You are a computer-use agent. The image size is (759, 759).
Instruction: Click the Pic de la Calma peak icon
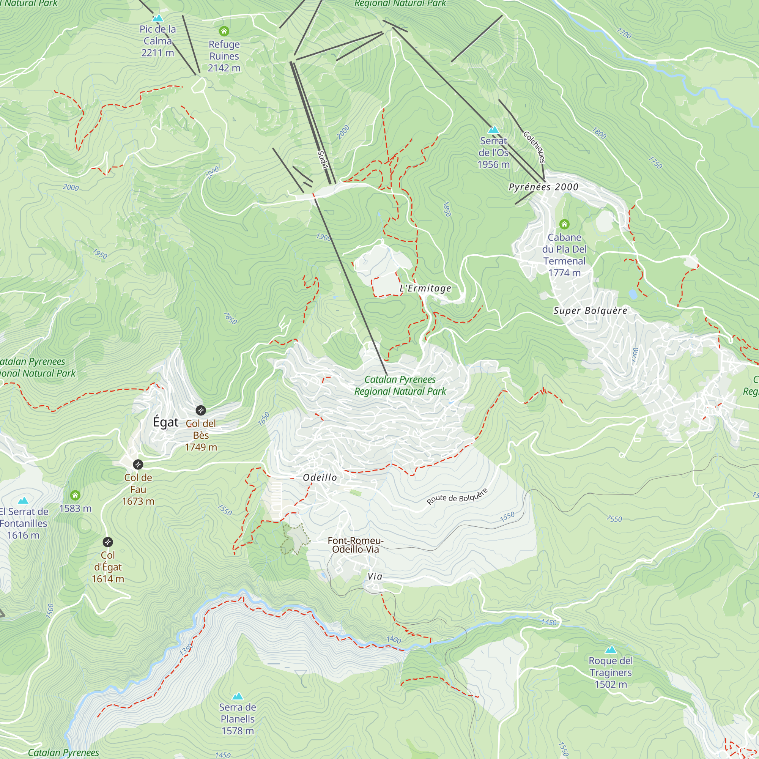click(157, 18)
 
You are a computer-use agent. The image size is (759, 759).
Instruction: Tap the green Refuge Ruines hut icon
click(224, 31)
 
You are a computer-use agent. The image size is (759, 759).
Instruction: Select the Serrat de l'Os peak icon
click(493, 130)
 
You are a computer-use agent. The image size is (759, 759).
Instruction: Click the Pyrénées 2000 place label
click(543, 187)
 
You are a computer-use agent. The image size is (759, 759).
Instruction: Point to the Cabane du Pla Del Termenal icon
click(564, 224)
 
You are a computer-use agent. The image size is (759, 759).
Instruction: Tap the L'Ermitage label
click(425, 288)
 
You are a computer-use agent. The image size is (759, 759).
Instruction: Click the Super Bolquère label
click(590, 311)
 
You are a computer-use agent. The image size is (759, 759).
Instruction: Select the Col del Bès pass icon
click(201, 411)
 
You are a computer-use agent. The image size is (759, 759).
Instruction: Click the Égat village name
click(165, 422)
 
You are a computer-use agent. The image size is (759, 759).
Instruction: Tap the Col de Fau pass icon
click(138, 465)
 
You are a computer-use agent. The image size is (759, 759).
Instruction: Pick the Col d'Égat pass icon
click(108, 542)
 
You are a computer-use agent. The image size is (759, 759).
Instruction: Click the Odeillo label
click(320, 477)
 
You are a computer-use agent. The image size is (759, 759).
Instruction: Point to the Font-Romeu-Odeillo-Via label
click(356, 545)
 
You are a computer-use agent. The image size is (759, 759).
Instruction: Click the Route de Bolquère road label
click(457, 496)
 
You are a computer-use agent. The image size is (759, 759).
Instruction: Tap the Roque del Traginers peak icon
click(611, 650)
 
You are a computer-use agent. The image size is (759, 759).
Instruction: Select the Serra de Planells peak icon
click(237, 696)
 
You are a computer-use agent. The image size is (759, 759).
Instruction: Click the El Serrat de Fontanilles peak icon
click(23, 501)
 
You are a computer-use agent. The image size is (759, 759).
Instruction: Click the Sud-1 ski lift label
click(322, 160)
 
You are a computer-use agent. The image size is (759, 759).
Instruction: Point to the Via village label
click(375, 576)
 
